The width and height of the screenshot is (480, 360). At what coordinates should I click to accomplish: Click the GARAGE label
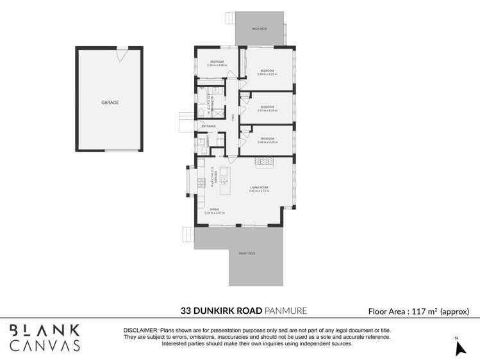[x=110, y=102]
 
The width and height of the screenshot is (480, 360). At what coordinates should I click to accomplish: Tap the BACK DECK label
[x=259, y=29]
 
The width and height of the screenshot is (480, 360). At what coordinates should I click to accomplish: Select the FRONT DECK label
[x=247, y=254]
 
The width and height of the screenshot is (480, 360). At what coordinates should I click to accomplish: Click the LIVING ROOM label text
[x=260, y=187]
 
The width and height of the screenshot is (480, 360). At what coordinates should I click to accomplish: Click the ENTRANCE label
[x=208, y=126]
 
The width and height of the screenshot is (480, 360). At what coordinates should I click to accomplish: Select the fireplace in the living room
[x=263, y=164]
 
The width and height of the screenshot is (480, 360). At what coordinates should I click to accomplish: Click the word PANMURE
[x=286, y=311]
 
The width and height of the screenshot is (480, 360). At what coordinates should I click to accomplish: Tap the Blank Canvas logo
[x=46, y=338]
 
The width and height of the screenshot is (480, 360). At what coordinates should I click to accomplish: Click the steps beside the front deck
[x=187, y=235]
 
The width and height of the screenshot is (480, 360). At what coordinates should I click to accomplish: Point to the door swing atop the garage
[x=122, y=53]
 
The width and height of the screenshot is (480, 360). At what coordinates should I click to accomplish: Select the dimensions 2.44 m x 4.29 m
[x=267, y=142]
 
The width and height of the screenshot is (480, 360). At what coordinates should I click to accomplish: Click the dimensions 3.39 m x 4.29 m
[x=267, y=74]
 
